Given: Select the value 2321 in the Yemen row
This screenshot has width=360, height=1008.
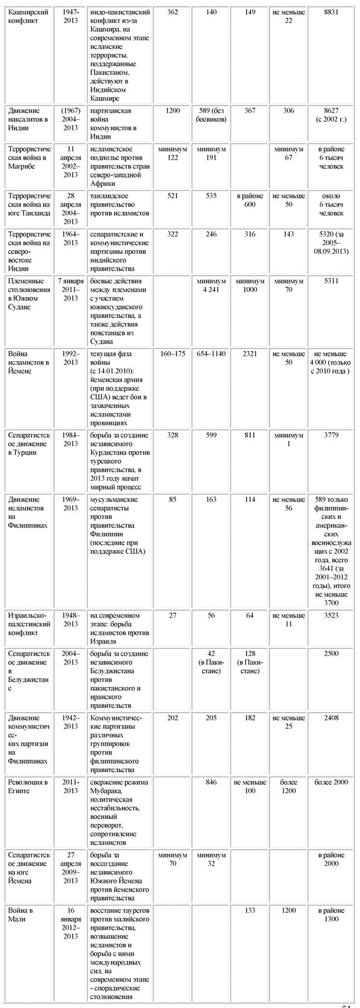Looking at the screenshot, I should (x=250, y=353).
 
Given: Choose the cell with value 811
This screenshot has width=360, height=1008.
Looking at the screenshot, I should (x=250, y=434).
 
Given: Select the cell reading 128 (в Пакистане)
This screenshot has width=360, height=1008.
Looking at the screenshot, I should (x=250, y=662).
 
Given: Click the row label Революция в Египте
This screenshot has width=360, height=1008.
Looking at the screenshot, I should (x=28, y=786).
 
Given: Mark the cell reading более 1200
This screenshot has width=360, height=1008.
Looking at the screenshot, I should (x=288, y=786).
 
